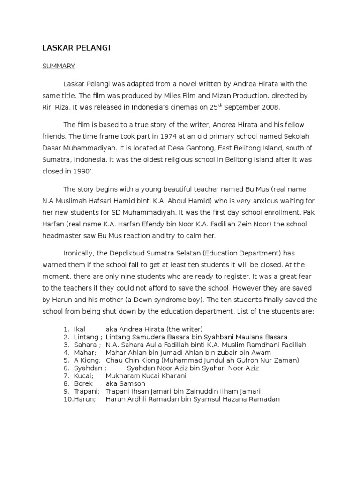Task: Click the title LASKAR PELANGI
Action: (x=76, y=48)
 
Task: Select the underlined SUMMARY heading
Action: (x=59, y=66)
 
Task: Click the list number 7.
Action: (x=67, y=376)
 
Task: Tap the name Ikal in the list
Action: (x=80, y=329)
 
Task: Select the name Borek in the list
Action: (x=82, y=383)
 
